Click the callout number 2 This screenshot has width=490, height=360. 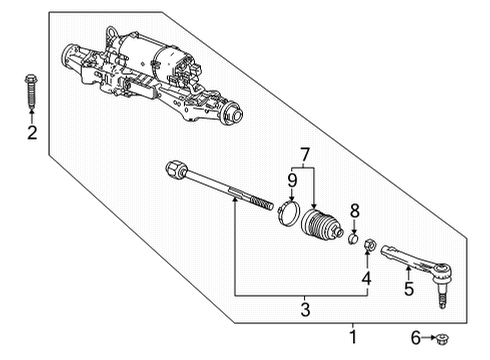point(32,133)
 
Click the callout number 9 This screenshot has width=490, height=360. point(291,181)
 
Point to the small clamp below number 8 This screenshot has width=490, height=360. point(354,237)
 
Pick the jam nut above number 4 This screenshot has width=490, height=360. point(368,244)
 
